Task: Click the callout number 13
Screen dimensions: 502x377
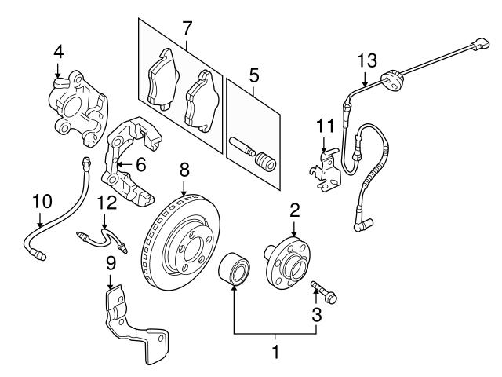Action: (367, 60)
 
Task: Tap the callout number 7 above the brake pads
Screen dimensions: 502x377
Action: (187, 28)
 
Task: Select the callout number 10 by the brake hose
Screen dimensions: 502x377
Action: (42, 202)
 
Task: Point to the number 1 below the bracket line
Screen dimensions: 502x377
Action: (275, 352)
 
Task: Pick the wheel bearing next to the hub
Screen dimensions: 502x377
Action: (235, 269)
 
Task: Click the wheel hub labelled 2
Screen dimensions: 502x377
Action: (286, 262)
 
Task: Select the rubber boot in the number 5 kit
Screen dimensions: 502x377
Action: (266, 163)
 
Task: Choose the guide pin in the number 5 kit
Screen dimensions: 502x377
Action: (242, 145)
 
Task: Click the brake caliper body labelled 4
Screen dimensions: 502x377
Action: (78, 108)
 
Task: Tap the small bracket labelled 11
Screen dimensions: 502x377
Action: (325, 170)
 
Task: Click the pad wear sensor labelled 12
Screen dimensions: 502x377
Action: (102, 239)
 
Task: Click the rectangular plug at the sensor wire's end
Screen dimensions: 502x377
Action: (480, 44)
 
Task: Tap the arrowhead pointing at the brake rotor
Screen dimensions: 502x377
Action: (184, 192)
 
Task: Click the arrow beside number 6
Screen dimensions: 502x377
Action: (125, 164)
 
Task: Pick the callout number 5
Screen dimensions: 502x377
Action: (253, 76)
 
